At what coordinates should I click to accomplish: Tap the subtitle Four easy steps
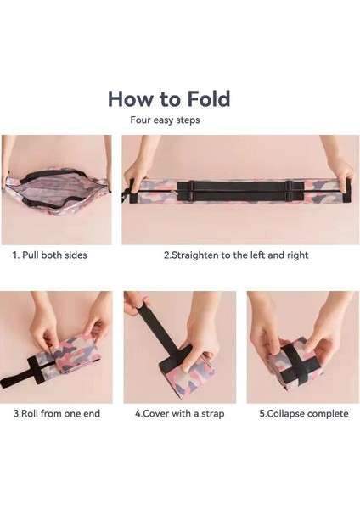[166, 120]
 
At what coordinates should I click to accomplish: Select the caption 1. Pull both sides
[49, 255]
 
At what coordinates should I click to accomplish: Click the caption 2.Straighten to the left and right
[235, 255]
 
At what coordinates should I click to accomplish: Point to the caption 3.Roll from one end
[55, 414]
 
